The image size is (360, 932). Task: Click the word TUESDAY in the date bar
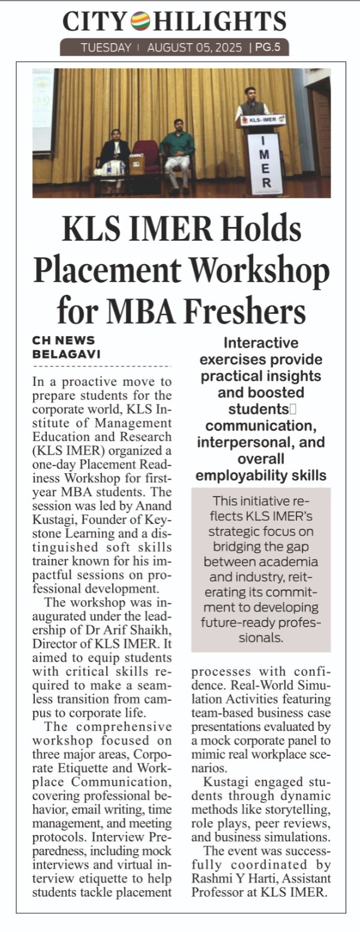(106, 47)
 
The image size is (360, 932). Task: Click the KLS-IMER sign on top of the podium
(263, 120)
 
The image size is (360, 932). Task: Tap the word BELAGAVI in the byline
(66, 354)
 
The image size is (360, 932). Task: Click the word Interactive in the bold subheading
(261, 343)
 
